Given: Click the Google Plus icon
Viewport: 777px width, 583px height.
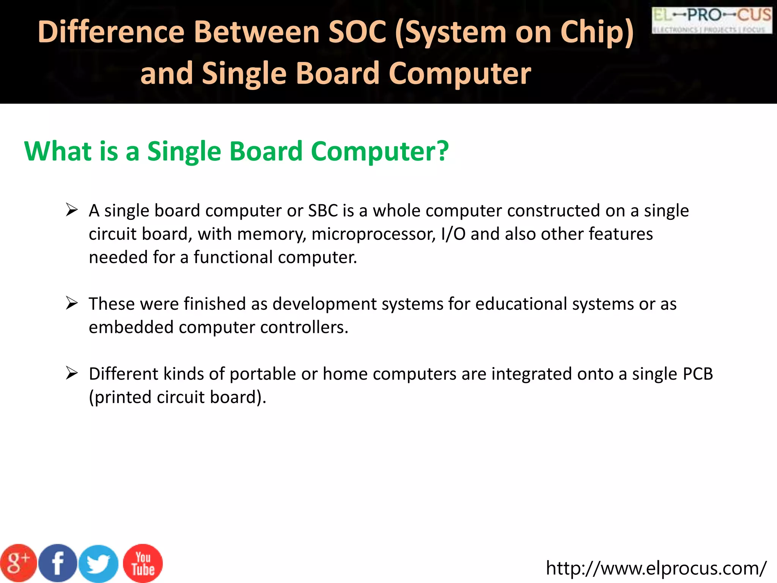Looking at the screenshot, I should (18, 563).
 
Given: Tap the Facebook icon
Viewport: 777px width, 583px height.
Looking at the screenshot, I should (58, 563).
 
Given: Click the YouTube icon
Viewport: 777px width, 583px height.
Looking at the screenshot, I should (143, 563).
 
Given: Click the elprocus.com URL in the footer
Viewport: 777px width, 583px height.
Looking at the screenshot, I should (656, 568).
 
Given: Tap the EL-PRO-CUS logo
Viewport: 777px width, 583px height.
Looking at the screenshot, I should (712, 20).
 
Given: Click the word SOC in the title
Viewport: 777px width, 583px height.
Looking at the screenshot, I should (357, 32).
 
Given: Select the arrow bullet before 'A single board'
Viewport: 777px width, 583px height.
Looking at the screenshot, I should (71, 210).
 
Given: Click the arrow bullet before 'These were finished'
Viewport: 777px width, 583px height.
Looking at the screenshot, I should (71, 303).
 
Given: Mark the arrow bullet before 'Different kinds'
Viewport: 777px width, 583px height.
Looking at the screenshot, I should (71, 373).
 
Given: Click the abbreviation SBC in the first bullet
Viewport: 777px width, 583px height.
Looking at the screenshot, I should (322, 211).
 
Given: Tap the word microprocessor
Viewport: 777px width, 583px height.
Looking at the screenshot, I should (373, 234).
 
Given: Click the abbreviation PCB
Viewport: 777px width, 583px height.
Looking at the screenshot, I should (698, 374).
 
